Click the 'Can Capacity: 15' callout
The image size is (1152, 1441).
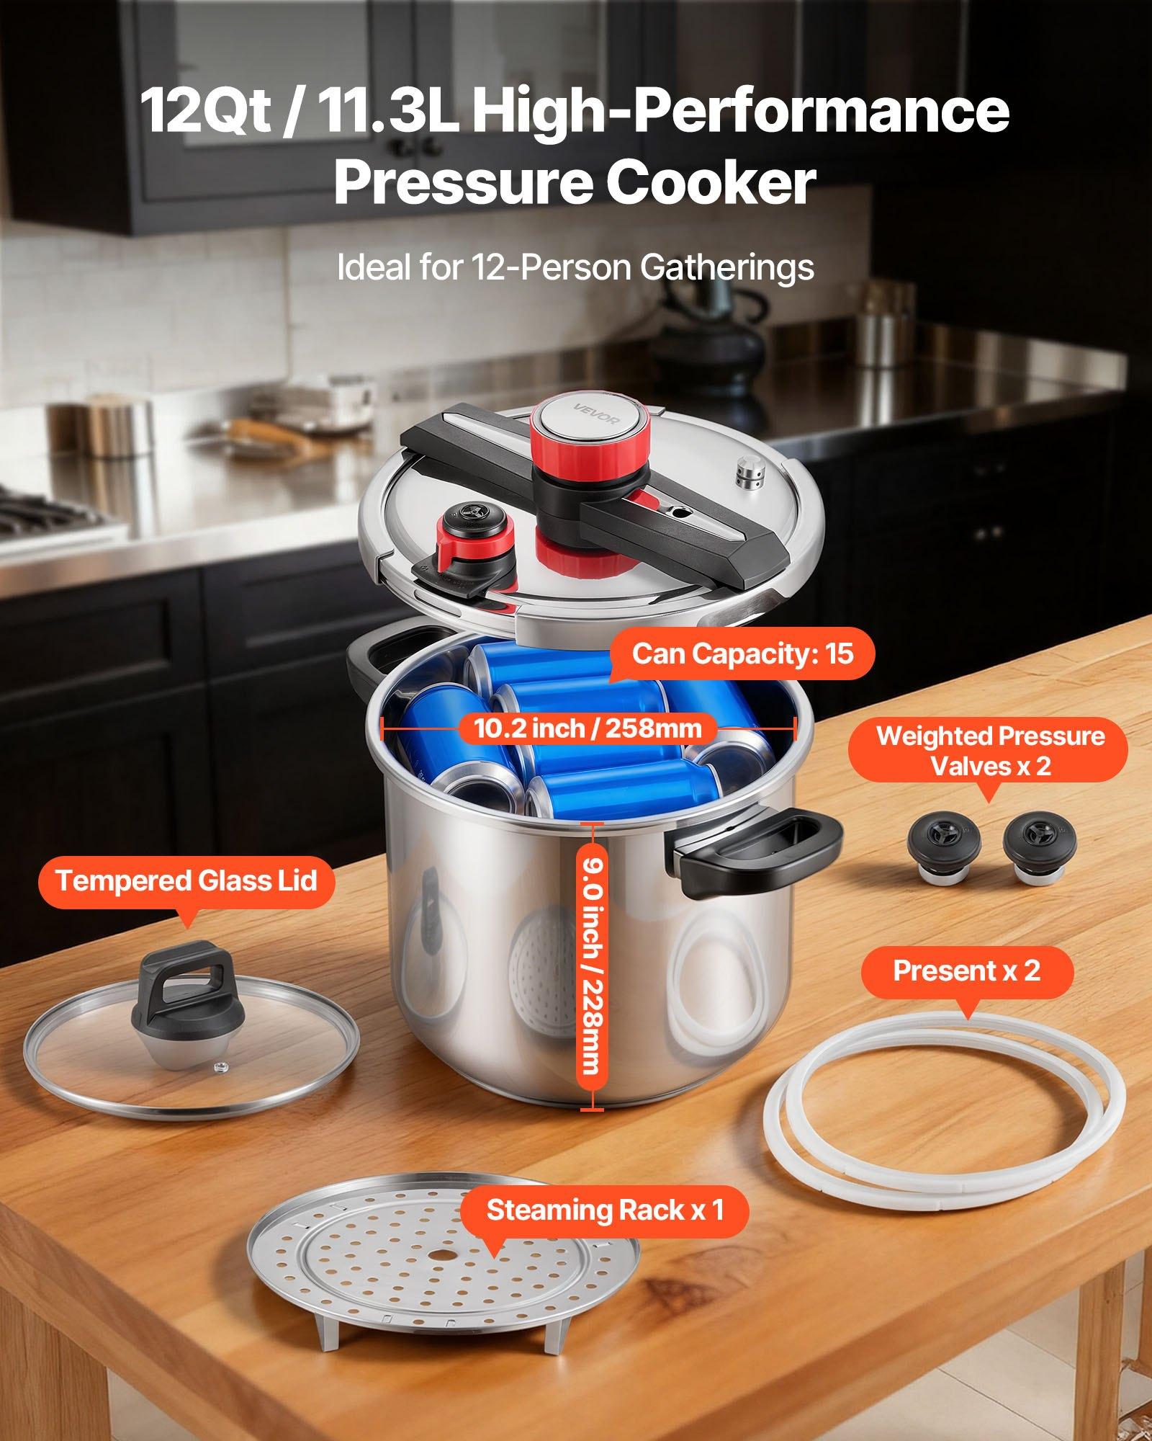(742, 654)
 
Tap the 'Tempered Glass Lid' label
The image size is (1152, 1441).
(186, 881)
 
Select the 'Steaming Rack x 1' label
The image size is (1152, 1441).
(605, 1210)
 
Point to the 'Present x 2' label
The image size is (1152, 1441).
(967, 971)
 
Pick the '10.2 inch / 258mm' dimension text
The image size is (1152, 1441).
(588, 728)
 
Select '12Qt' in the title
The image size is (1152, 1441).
(205, 110)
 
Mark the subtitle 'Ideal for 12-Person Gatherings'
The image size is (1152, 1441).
(575, 267)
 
